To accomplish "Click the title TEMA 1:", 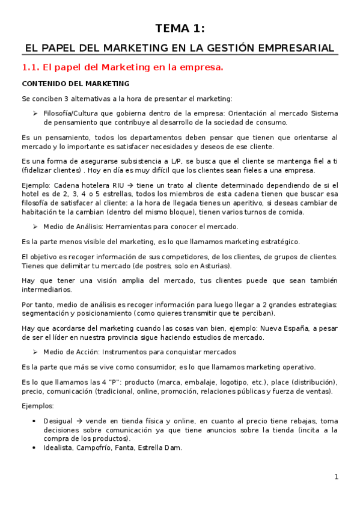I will [180, 28].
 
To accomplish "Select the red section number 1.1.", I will [30, 67].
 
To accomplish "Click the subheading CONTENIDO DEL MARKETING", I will [75, 84].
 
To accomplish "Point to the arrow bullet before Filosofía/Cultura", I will [36, 113].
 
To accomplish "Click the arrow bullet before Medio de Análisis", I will [36, 227].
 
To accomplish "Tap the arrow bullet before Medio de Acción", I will [36, 352].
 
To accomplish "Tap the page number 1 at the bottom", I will [337, 477].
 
